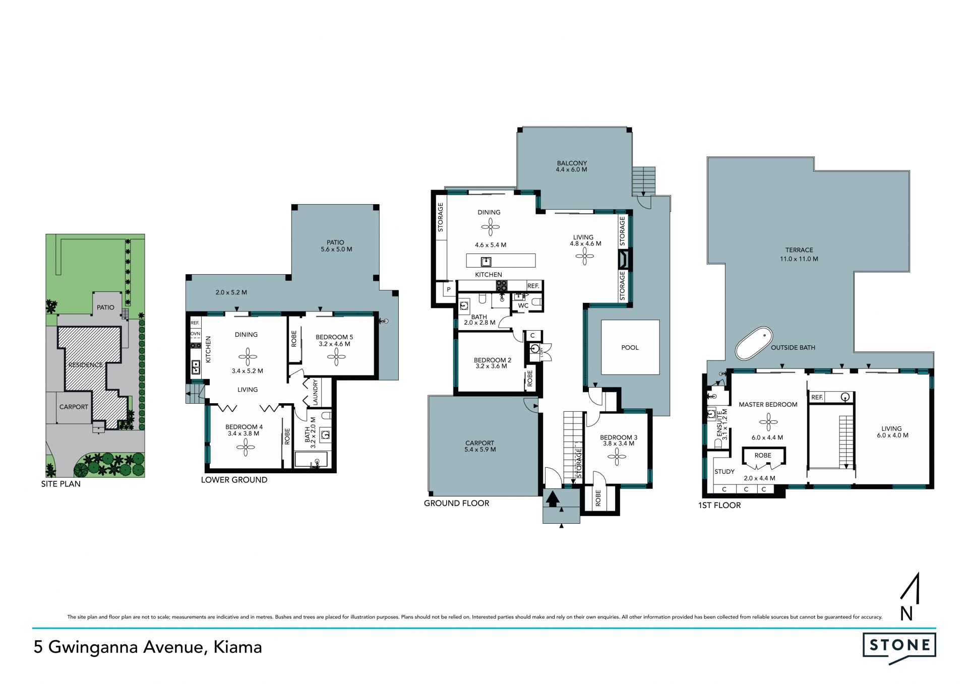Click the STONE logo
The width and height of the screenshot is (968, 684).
[899, 647]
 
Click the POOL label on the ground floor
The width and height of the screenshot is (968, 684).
[630, 347]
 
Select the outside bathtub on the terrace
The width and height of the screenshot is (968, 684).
[754, 344]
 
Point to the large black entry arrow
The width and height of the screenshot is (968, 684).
[553, 499]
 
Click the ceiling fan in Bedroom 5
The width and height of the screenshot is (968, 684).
[336, 357]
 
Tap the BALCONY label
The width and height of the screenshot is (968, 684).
[572, 163]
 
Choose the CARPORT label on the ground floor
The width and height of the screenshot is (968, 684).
[479, 443]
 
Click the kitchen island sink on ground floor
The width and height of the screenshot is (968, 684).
[486, 261]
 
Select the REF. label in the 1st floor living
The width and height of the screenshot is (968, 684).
[817, 397]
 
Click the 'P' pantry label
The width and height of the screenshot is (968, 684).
[449, 290]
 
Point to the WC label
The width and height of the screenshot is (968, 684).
[523, 305]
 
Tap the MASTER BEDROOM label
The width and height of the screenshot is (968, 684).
[768, 404]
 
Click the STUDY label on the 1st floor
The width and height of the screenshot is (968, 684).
[724, 472]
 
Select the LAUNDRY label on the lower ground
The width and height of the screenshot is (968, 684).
[316, 392]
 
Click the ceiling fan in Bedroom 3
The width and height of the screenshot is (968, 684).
[617, 457]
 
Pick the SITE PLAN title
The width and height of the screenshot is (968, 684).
[61, 484]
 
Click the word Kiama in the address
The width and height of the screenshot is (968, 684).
[237, 647]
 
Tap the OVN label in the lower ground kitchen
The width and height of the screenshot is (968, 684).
[195, 334]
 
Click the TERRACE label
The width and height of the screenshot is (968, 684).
[799, 250]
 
